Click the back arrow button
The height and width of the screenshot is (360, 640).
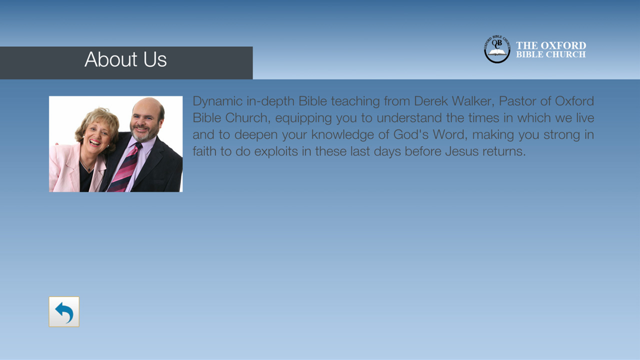tap(64, 311)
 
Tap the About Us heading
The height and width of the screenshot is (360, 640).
tap(125, 59)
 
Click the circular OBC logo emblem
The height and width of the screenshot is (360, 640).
tap(497, 49)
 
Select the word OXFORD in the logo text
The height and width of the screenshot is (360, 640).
tap(563, 45)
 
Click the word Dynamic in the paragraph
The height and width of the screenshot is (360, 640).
tap(217, 101)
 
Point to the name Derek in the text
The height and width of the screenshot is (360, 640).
tap(430, 101)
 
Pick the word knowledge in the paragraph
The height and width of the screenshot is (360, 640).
tap(342, 135)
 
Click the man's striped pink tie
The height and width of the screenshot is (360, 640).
tap(125, 168)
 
